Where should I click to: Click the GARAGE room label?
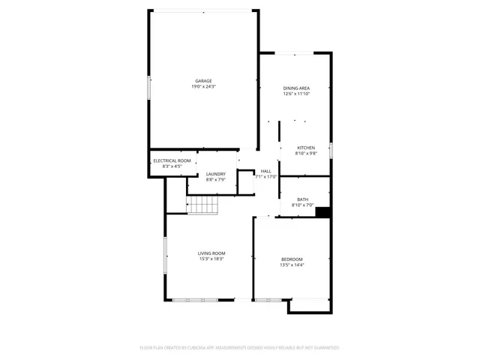click(x=203, y=81)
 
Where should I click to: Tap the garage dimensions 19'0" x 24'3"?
click(x=203, y=87)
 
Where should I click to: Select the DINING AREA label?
click(x=296, y=88)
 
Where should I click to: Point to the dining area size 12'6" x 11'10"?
click(x=296, y=94)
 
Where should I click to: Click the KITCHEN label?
click(x=306, y=147)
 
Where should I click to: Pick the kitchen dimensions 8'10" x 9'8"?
click(x=306, y=153)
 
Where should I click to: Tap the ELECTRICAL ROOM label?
click(x=172, y=160)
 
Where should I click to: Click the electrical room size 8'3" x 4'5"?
click(x=172, y=166)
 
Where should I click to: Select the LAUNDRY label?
click(x=216, y=174)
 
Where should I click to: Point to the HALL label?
click(x=266, y=171)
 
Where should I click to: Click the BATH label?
click(x=302, y=199)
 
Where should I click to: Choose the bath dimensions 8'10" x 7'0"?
click(x=302, y=205)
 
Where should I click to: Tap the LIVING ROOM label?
click(x=211, y=253)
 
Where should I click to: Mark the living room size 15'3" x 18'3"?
click(x=211, y=259)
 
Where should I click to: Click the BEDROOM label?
click(x=292, y=259)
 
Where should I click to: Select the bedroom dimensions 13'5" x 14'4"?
click(x=292, y=265)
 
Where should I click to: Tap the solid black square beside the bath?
click(x=323, y=212)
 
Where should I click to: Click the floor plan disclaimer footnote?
click(x=240, y=348)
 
